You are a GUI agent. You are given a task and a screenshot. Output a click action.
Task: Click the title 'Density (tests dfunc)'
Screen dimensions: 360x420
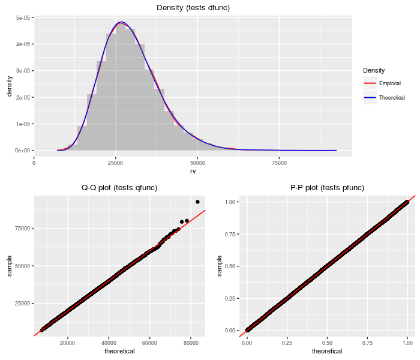point(193,7)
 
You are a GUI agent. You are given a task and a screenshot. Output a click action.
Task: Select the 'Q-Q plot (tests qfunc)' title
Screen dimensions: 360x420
point(119,188)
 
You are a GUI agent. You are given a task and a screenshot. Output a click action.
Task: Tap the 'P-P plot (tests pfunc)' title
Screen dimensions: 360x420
point(327,188)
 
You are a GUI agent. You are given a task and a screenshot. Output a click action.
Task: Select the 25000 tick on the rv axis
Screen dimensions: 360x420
point(116,162)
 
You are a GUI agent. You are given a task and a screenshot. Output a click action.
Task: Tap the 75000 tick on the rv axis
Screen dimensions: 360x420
point(279,162)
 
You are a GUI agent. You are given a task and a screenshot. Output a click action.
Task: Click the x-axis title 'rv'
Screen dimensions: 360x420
point(193,171)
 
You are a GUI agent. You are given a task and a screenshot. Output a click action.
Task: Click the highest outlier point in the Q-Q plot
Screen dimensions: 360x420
point(197,202)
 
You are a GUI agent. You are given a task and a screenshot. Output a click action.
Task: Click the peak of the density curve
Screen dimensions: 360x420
point(121,22)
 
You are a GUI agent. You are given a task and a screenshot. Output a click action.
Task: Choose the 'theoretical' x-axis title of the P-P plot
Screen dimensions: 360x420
point(327,351)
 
